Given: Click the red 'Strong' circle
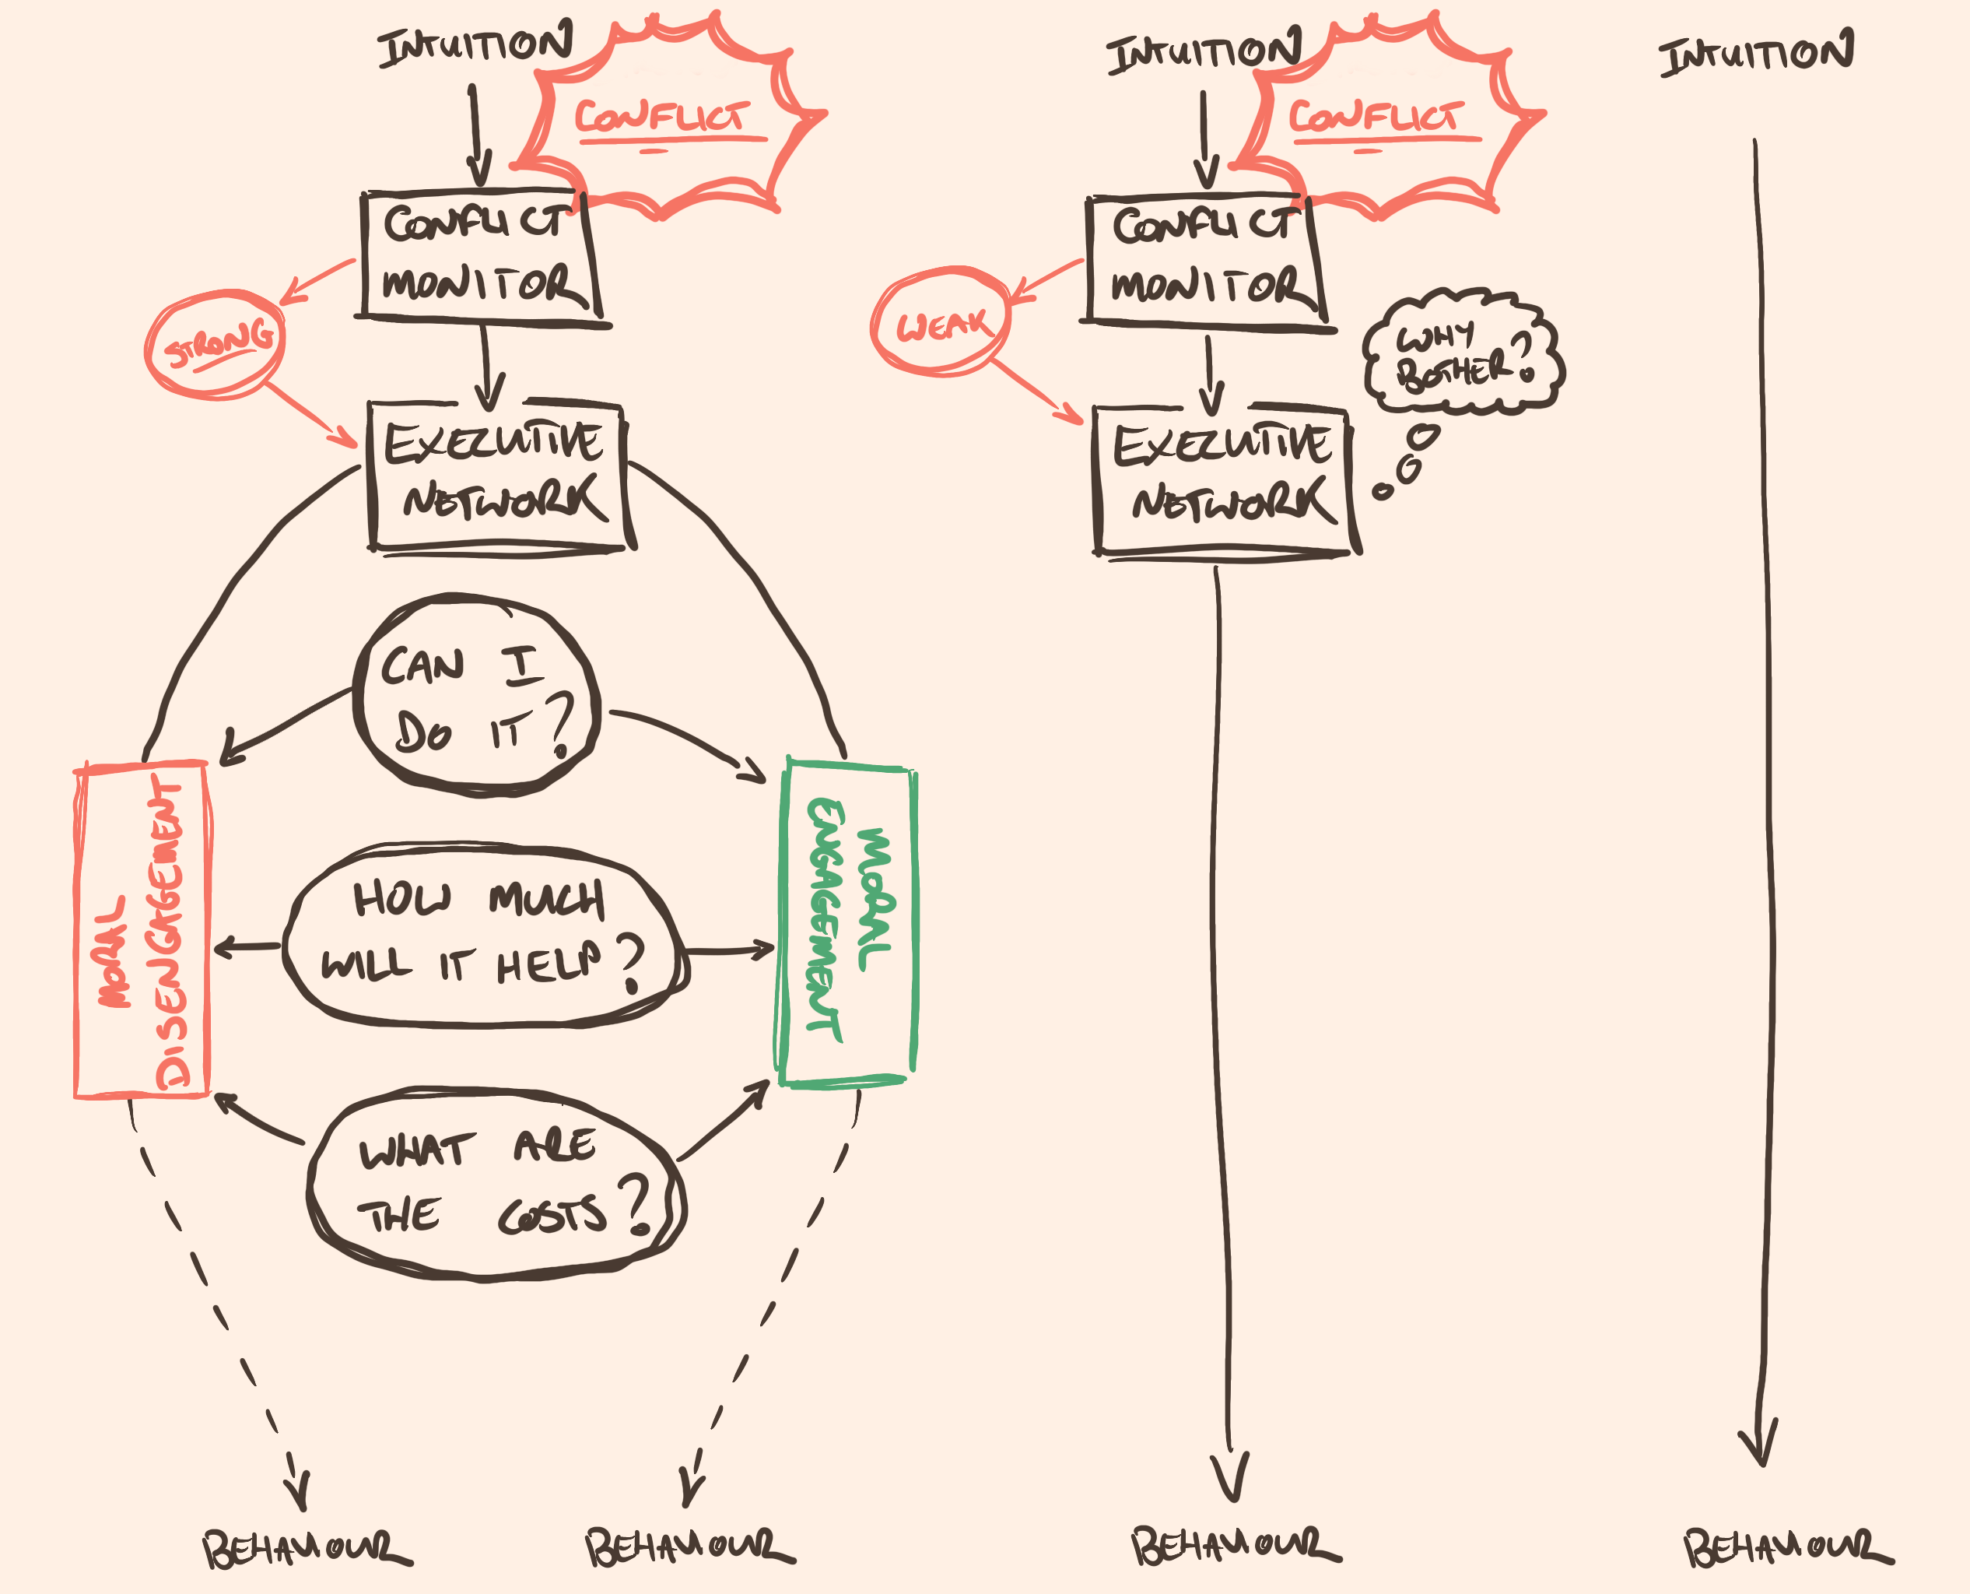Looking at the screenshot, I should [x=216, y=344].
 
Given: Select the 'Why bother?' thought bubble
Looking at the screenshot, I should [x=1463, y=353].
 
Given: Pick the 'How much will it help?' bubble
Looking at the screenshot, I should [x=484, y=936].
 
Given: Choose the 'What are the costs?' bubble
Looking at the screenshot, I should [x=496, y=1184].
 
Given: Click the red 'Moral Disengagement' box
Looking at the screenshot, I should [x=142, y=929].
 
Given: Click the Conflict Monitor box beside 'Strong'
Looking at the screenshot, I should [x=479, y=256].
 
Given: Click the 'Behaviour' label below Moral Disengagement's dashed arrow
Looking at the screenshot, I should [x=306, y=1550].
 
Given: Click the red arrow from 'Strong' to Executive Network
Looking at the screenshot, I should [x=312, y=415].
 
